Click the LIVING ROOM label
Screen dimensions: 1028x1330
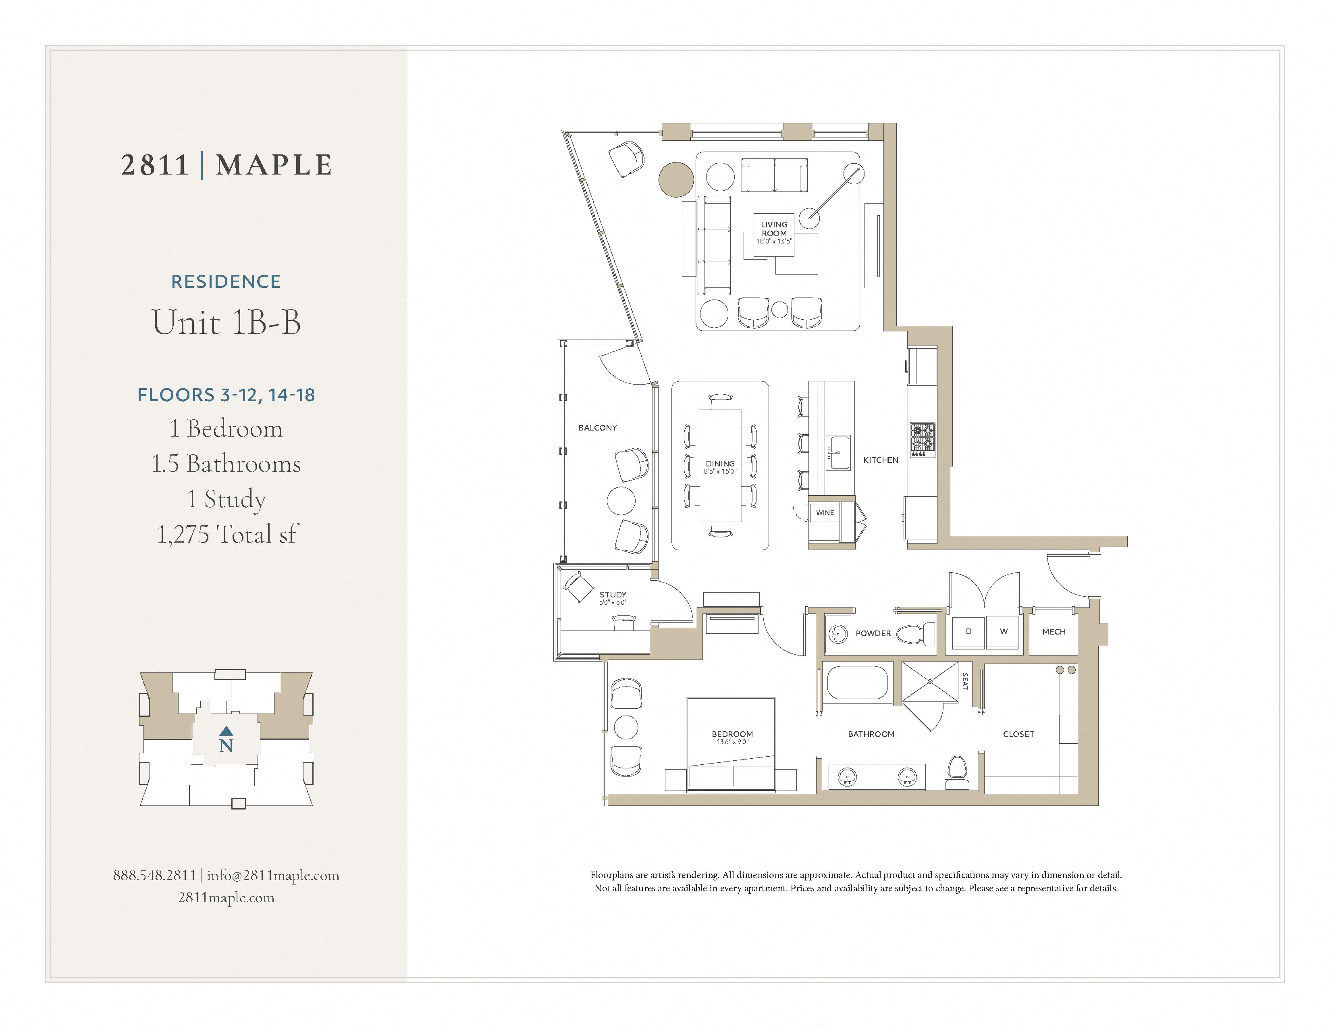pyautogui.click(x=774, y=229)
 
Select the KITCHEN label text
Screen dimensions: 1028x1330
pyautogui.click(x=881, y=460)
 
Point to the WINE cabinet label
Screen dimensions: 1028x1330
pyautogui.click(x=825, y=513)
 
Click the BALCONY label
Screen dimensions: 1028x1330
pyautogui.click(x=597, y=427)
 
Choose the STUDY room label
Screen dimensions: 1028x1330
pyautogui.click(x=613, y=594)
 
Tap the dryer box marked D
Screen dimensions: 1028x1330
pyautogui.click(x=968, y=632)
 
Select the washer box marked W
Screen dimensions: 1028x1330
pyautogui.click(x=1004, y=632)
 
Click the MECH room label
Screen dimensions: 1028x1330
pyautogui.click(x=1054, y=632)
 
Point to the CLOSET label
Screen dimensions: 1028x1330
pyautogui.click(x=1018, y=734)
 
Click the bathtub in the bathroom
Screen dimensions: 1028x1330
pyautogui.click(x=857, y=683)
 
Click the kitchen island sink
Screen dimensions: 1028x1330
pyautogui.click(x=839, y=452)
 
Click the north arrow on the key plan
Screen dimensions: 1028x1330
pyautogui.click(x=226, y=730)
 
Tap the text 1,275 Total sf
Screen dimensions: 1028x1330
pyautogui.click(x=227, y=534)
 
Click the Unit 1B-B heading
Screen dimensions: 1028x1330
pyautogui.click(x=226, y=322)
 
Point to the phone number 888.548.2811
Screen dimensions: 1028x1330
pyautogui.click(x=155, y=875)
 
